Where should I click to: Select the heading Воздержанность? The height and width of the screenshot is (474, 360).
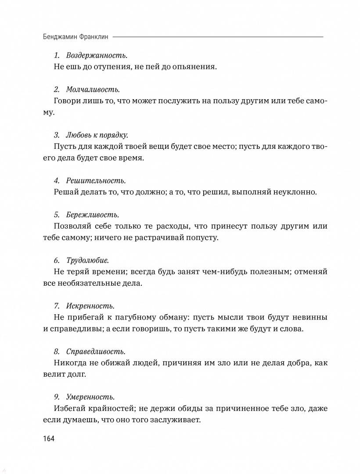point(97,56)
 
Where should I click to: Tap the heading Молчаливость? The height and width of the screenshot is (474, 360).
point(93,90)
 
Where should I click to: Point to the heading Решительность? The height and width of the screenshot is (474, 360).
point(96,180)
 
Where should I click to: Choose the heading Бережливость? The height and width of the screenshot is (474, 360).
point(92,215)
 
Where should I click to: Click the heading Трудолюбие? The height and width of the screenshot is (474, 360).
point(87,260)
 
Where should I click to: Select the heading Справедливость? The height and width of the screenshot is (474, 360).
point(96,352)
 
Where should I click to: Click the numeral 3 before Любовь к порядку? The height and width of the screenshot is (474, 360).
point(56,135)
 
